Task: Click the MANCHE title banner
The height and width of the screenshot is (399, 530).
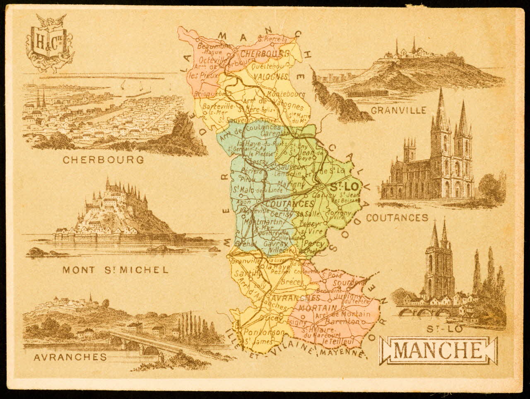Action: pyautogui.click(x=438, y=350)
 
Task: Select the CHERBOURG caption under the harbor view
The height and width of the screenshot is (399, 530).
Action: pyautogui.click(x=103, y=160)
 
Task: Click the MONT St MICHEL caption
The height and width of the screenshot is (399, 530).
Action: pyautogui.click(x=116, y=270)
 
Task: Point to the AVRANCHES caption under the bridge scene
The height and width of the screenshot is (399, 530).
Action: pyautogui.click(x=65, y=356)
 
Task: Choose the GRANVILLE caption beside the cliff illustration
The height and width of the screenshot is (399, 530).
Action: pyautogui.click(x=398, y=110)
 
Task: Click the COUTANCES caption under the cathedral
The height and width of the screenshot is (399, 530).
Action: pyautogui.click(x=397, y=217)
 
